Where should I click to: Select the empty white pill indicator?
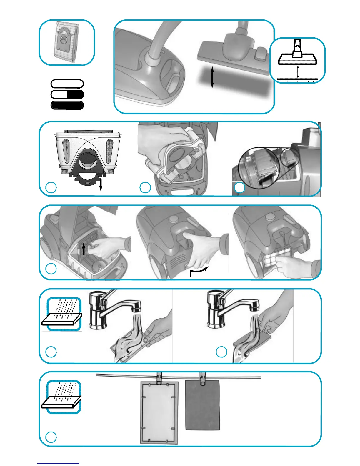[67, 84]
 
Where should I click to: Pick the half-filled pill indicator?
[67, 94]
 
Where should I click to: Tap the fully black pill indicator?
[67, 105]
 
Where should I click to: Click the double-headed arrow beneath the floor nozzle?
[212, 78]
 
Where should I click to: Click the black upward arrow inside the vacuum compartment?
[84, 249]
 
